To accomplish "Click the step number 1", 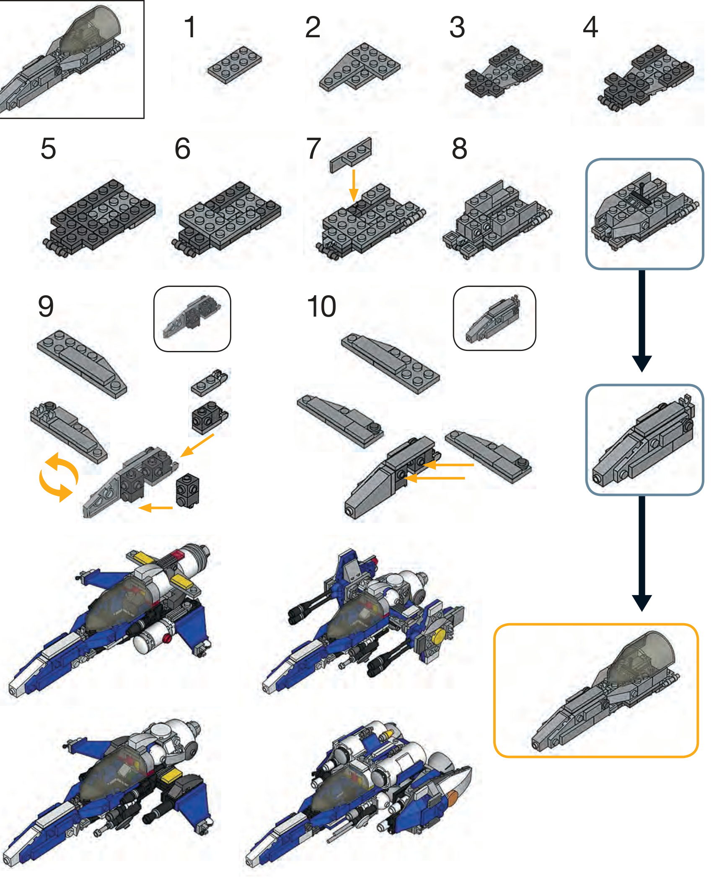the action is coord(190,27).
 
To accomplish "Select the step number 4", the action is coord(590,27).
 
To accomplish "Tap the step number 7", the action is coord(314,149).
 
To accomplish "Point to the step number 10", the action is coord(321,307).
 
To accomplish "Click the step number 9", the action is coord(46,307).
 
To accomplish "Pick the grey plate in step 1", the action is coord(235,65).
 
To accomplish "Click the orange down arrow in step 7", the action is coord(354,186).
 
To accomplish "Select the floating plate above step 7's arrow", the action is coord(351,155).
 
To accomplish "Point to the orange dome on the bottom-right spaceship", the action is coord(453,799).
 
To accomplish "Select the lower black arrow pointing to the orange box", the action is coord(642,554).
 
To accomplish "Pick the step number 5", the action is coord(48,149).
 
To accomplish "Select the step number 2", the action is coord(313,27).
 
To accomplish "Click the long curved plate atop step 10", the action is coord(391,363).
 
